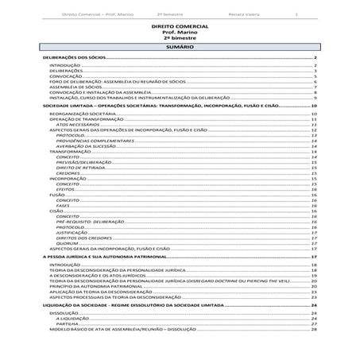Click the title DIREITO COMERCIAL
coord(180,26)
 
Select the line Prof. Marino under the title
coord(180,32)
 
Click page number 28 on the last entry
coord(315,329)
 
